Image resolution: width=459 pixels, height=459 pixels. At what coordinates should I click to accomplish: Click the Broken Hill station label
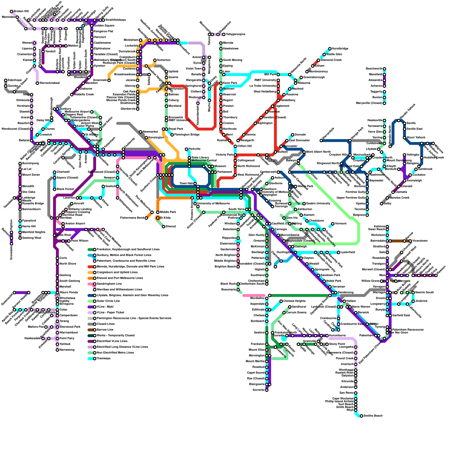tap(21, 11)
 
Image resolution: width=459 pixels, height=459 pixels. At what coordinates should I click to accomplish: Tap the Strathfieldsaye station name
tap(116, 20)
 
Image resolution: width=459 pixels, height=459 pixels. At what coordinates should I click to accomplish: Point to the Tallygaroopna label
tap(236, 34)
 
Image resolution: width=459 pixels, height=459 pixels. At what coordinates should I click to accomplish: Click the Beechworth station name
tap(374, 69)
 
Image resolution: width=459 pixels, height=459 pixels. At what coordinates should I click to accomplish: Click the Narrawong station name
tap(67, 350)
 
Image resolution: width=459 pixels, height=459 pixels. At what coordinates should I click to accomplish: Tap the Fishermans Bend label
tap(132, 218)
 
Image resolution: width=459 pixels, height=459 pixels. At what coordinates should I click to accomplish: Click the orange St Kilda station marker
tap(157, 218)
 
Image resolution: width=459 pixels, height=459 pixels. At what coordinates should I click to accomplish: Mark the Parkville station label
tap(195, 149)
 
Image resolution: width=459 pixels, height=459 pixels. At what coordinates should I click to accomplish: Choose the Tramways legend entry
tap(104, 359)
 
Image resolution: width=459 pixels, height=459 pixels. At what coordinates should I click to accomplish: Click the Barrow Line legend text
tap(105, 330)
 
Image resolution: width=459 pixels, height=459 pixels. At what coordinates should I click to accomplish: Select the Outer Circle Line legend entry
tap(108, 301)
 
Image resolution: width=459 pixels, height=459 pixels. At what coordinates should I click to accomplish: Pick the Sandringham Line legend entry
tap(109, 284)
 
